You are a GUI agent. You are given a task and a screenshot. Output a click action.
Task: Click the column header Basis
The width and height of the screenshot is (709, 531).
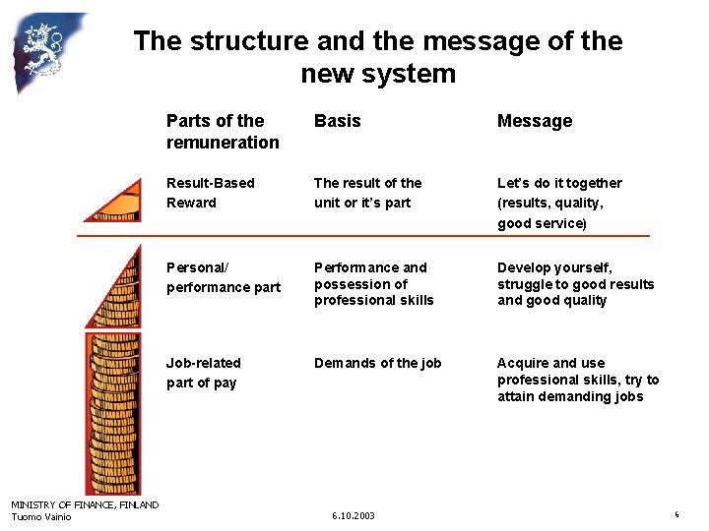(337, 121)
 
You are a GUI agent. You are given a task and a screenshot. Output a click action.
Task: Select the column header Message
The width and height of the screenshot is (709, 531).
(534, 121)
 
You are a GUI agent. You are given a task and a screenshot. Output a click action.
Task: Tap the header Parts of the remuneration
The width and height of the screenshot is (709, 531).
(223, 132)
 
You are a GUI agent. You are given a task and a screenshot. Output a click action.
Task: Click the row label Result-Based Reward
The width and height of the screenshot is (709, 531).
(210, 193)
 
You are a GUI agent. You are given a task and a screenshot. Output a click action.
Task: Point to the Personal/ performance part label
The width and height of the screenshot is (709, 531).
(223, 277)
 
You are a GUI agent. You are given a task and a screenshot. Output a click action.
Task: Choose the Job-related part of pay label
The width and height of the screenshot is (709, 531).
(203, 373)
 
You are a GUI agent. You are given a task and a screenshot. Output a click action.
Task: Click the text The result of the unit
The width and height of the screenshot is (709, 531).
(367, 193)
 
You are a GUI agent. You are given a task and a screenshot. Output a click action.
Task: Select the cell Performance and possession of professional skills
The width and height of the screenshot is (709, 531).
(373, 284)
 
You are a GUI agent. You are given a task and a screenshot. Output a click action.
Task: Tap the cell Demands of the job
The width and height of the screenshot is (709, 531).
(377, 363)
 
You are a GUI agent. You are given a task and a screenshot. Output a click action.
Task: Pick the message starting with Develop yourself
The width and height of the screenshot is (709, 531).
(575, 284)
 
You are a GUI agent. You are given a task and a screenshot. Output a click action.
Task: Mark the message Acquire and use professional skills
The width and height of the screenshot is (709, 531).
(578, 380)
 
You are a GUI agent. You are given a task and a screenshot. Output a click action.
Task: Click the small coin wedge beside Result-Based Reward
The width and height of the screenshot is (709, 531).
(116, 206)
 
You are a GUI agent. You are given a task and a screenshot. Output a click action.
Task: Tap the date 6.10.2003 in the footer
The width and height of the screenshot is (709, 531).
(354, 515)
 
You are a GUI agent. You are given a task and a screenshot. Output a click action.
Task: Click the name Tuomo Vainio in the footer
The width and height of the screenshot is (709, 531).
(41, 517)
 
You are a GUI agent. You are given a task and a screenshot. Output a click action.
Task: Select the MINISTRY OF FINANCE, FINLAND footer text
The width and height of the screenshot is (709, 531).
(85, 505)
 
